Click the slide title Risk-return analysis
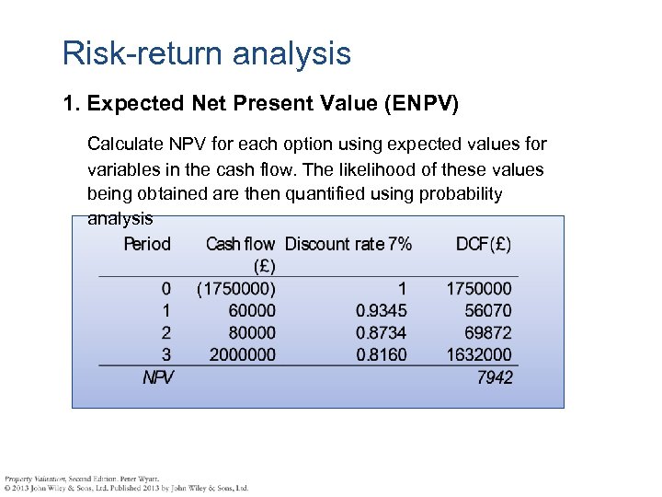(x=207, y=53)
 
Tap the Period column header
(x=147, y=244)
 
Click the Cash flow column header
(x=240, y=245)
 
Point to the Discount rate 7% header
(x=348, y=244)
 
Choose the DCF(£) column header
(x=484, y=244)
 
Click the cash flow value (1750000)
(x=236, y=289)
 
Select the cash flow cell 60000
(x=252, y=311)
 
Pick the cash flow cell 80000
(x=252, y=332)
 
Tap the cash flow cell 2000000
(x=243, y=354)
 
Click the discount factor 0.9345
(x=382, y=311)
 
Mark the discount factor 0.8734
(x=382, y=332)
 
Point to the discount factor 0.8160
(x=382, y=354)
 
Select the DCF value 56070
(x=489, y=311)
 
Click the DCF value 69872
(x=489, y=332)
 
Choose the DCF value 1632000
(x=480, y=354)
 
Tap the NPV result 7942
(x=495, y=377)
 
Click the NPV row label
(x=157, y=377)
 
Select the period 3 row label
(x=165, y=354)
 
